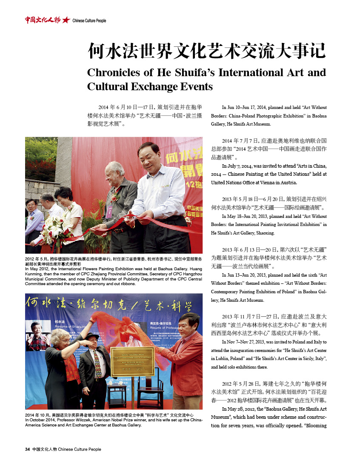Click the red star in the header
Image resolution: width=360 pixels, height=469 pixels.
[66, 20]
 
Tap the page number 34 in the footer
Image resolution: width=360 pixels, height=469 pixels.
[28, 449]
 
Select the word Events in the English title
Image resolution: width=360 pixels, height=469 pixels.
[195, 87]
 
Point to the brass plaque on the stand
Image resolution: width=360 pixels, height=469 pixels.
[132, 360]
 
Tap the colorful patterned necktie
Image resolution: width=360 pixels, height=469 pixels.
[98, 366]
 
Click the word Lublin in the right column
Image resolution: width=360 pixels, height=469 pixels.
[220, 359]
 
